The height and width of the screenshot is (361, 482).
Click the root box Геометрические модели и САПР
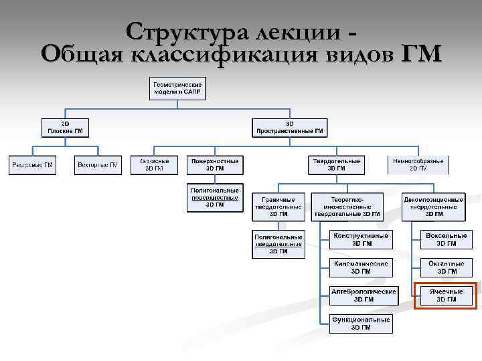click(x=177, y=89)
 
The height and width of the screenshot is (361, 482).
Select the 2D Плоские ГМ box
click(x=65, y=127)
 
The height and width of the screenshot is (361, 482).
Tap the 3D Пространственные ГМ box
click(x=290, y=127)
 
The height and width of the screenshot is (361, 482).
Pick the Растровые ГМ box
click(x=33, y=164)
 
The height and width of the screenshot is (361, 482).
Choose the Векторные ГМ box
click(x=98, y=164)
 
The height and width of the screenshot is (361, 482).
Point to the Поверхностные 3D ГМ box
click(x=215, y=164)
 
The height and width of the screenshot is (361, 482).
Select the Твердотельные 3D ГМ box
click(x=337, y=164)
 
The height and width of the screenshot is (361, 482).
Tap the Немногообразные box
click(x=418, y=164)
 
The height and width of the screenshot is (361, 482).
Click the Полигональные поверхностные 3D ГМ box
click(x=215, y=197)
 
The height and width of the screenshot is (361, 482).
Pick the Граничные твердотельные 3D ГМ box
click(x=278, y=207)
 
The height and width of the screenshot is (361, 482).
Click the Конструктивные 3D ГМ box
click(x=361, y=239)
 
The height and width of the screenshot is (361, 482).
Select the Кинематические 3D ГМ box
click(x=361, y=267)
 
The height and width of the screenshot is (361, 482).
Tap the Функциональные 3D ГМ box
click(x=361, y=324)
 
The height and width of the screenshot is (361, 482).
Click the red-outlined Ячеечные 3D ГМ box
click(x=447, y=295)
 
